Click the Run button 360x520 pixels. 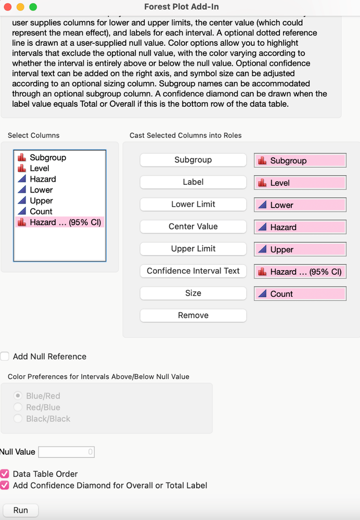[21, 510]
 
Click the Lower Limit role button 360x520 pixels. [193, 205]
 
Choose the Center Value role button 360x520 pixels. [193, 226]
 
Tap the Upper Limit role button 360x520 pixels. [193, 249]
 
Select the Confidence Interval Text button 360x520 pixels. [193, 271]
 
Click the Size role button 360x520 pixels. [193, 293]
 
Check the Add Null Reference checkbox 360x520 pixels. [5, 357]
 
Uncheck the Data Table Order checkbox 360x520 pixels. [5, 474]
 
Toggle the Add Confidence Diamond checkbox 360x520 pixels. [5, 486]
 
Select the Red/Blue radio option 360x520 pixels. [19, 408]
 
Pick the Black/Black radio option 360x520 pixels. [19, 418]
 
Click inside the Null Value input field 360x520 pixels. [66, 452]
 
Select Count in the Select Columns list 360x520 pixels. [41, 211]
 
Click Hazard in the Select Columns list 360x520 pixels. [43, 179]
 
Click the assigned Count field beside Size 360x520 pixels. [300, 294]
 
